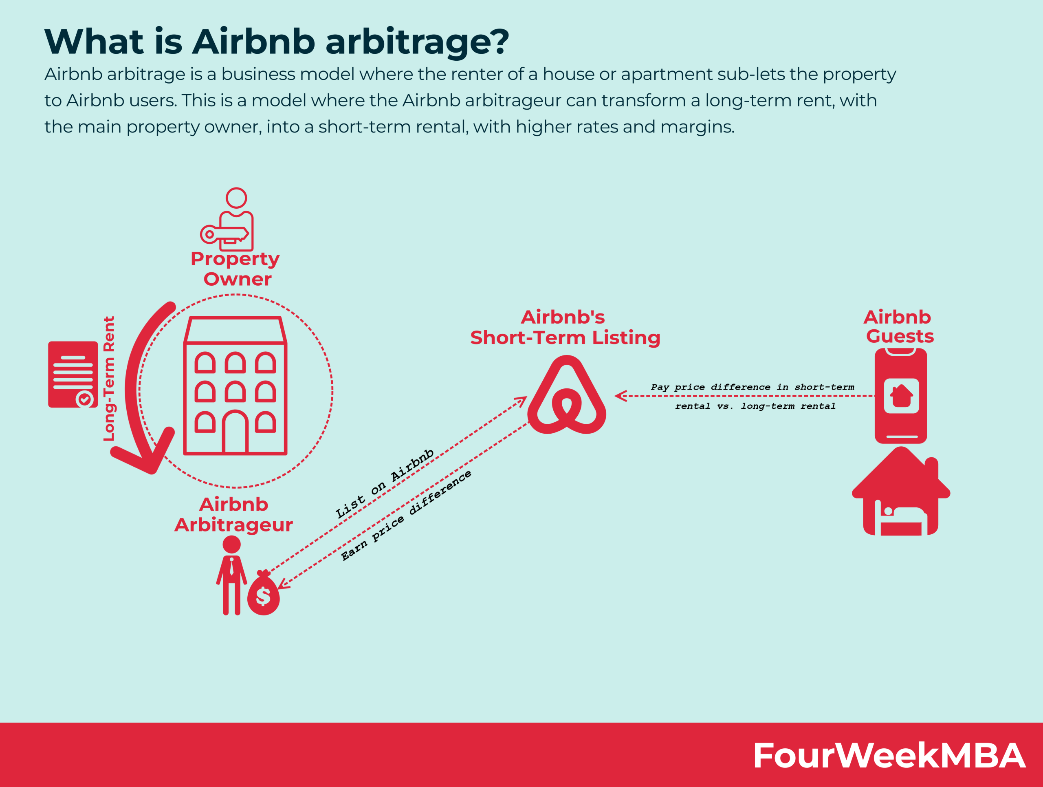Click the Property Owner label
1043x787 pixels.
coord(235,269)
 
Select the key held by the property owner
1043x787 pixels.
coord(224,234)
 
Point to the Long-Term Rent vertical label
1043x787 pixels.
coord(109,379)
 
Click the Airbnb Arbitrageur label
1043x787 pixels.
coord(234,514)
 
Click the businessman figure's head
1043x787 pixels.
coord(231,545)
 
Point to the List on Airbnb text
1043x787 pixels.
coord(384,484)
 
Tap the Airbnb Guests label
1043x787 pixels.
coord(899,326)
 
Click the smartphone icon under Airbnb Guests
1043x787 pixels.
coord(900,396)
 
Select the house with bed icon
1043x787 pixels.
coord(900,493)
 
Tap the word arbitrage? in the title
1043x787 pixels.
coord(417,42)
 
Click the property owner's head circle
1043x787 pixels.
coord(236,198)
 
